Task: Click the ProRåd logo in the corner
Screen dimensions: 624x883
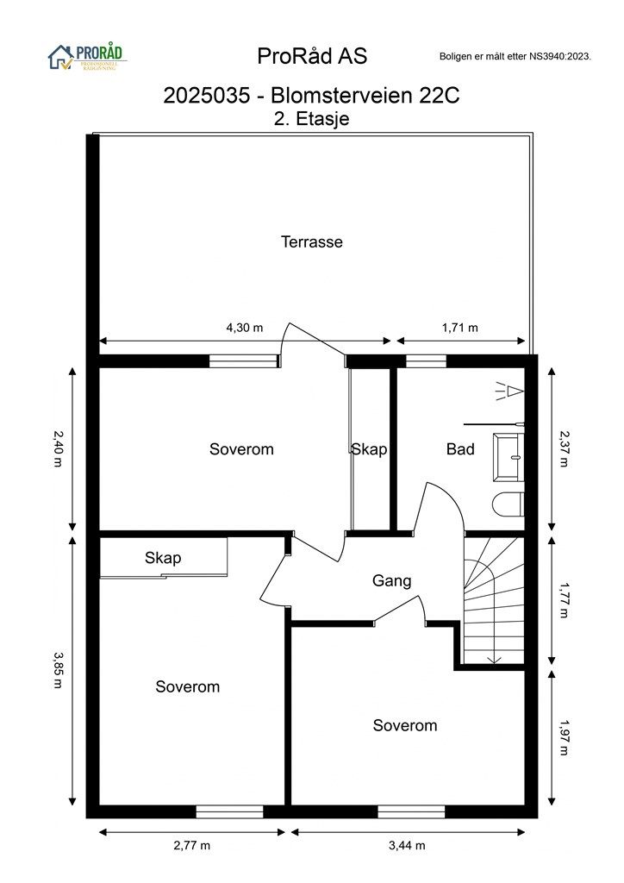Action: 87,57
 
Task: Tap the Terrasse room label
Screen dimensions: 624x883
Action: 312,241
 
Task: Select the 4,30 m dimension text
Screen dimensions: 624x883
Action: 245,327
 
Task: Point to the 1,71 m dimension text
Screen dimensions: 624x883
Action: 459,327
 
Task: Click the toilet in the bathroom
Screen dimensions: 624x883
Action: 509,504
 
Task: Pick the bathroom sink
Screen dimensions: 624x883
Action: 509,457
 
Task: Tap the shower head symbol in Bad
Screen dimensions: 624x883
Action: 509,391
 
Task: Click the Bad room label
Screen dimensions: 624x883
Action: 460,448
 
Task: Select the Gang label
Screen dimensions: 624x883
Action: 391,580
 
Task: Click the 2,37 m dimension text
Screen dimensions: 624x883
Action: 564,448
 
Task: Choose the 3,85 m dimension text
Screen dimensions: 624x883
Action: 58,670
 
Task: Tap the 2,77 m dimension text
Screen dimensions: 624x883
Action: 192,845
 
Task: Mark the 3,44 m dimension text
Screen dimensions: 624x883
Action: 407,845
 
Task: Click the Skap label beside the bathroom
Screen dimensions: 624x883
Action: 369,448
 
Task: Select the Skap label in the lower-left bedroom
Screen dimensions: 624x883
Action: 163,558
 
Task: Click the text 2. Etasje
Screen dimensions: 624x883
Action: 312,119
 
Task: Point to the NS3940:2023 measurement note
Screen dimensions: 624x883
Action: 515,56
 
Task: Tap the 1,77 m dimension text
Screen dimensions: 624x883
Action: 564,600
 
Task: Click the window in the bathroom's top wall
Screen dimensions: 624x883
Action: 426,361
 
